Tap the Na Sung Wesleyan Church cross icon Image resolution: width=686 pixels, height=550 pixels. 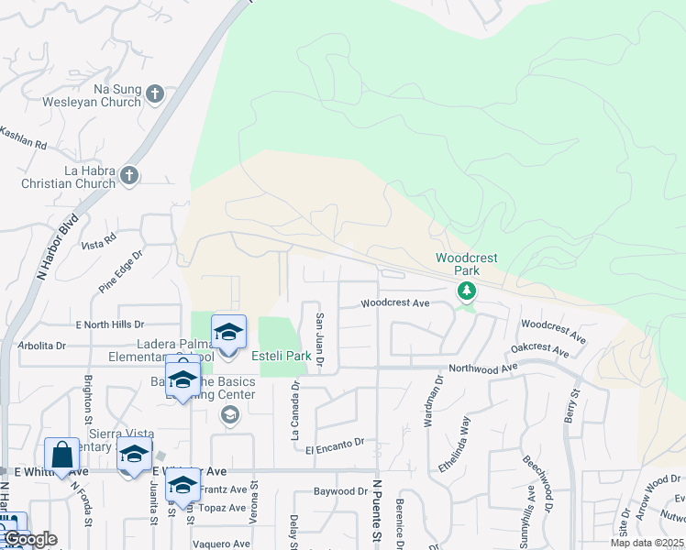click(x=155, y=93)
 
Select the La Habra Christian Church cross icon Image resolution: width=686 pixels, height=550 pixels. click(x=129, y=174)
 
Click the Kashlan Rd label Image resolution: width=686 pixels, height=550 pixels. click(x=22, y=140)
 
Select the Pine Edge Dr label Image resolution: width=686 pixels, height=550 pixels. click(x=122, y=266)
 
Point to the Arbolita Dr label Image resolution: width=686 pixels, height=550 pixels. click(x=42, y=346)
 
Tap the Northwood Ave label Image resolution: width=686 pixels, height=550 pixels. click(x=477, y=368)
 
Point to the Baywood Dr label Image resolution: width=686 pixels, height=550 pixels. click(x=340, y=491)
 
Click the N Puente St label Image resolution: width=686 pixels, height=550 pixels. click(x=376, y=513)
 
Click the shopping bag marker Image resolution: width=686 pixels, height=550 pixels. click(x=61, y=454)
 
